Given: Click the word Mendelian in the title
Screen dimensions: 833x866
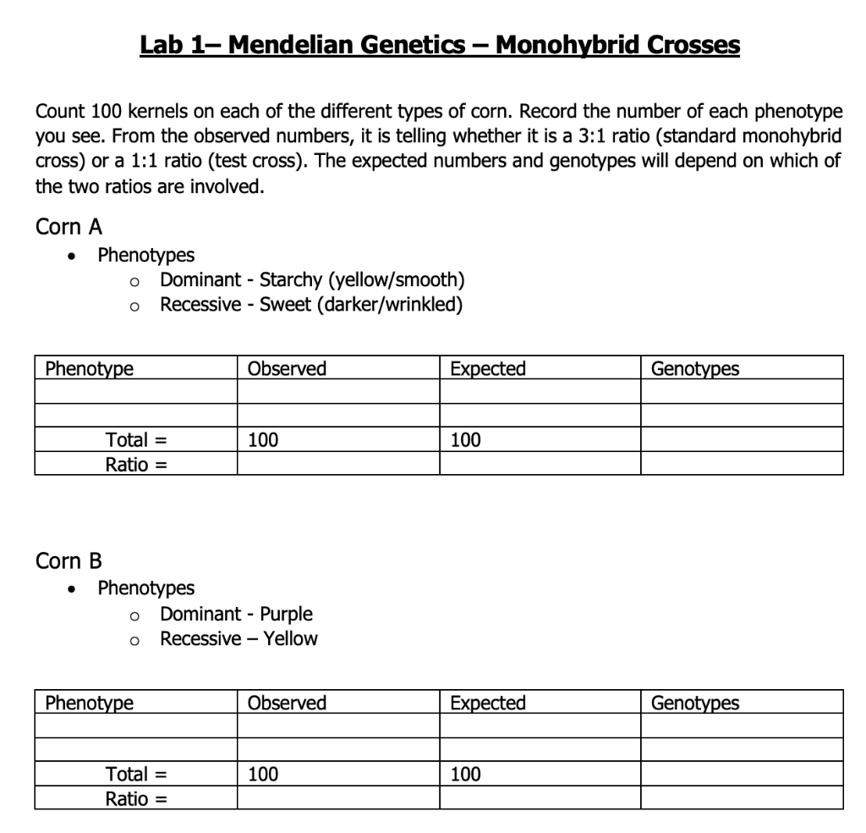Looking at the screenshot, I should click(292, 44).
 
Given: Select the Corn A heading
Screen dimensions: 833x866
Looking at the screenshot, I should click(69, 227).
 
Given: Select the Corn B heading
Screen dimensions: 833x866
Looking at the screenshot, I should click(69, 561).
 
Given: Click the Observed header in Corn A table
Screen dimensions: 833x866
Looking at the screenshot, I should click(287, 368).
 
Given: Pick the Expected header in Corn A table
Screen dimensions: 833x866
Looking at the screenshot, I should click(488, 368).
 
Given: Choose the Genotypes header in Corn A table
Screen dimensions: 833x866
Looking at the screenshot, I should click(694, 368).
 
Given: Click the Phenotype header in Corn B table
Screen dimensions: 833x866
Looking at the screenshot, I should click(89, 703).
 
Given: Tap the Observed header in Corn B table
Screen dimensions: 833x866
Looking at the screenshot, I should click(287, 703).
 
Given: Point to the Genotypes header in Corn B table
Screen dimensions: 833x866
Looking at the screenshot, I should click(694, 703).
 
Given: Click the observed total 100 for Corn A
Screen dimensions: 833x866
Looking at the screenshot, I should click(262, 439).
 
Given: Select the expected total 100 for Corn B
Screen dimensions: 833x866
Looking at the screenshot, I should click(465, 774).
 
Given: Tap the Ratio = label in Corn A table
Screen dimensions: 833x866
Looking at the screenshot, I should click(134, 464).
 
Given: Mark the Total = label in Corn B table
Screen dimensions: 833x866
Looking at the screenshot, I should click(134, 774).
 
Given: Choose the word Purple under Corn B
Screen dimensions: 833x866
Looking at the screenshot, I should click(286, 614).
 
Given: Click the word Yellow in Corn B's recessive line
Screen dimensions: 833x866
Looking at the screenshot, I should click(290, 638).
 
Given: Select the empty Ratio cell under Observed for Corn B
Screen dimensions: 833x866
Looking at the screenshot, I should click(338, 797).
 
